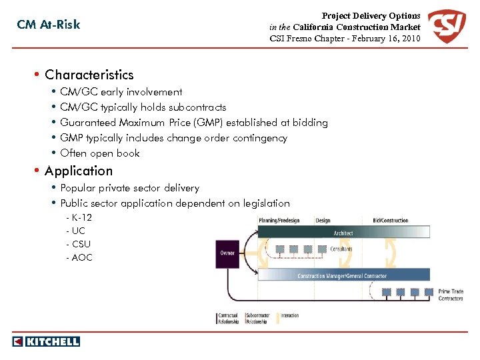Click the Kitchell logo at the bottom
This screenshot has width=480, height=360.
pyautogui.click(x=46, y=341)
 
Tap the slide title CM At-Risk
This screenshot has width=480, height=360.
pyautogui.click(x=49, y=25)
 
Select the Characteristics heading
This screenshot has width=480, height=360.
pyautogui.click(x=89, y=75)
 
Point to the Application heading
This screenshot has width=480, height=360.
pyautogui.click(x=79, y=171)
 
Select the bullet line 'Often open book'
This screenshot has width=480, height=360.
pyautogui.click(x=100, y=153)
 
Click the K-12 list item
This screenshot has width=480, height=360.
pyautogui.click(x=81, y=218)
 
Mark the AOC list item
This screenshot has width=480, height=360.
pyautogui.click(x=81, y=257)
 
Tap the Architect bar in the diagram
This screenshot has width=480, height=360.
pyautogui.click(x=343, y=233)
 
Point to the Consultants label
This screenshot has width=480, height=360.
pyautogui.click(x=341, y=249)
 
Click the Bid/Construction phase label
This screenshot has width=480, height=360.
pyautogui.click(x=390, y=221)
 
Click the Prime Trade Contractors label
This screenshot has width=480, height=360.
pyautogui.click(x=451, y=295)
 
